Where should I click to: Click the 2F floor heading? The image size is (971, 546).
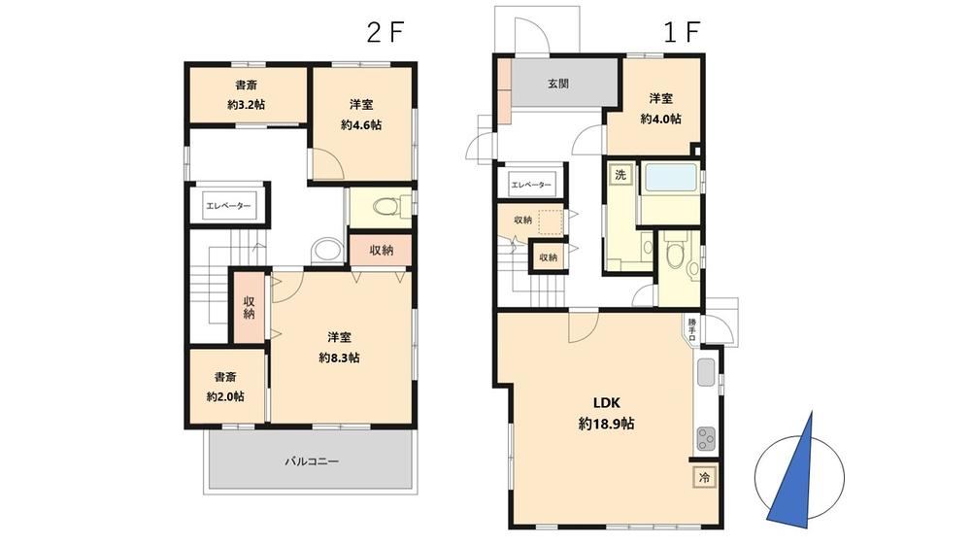pos(385,32)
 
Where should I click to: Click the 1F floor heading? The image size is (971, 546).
pos(682,32)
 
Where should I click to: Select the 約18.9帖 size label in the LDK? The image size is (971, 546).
pos(606,424)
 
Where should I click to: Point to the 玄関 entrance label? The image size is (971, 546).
pos(558,84)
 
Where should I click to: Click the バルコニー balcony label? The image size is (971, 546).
pos(312,461)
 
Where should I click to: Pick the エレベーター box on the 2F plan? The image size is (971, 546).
pos(228,206)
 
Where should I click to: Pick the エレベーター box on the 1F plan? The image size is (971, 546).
pos(531,185)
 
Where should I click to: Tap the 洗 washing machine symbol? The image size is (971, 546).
pos(620,175)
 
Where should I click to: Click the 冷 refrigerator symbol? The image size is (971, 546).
pos(704,477)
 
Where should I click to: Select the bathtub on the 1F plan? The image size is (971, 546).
pos(671,177)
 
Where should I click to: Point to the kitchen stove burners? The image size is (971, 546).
pos(706,439)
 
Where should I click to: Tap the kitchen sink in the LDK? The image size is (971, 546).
pos(706,372)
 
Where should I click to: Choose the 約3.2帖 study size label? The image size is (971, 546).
pos(246,105)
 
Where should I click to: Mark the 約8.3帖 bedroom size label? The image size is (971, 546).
pos(339,358)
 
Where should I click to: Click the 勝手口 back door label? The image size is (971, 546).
pos(691,330)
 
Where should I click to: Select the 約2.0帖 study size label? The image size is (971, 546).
pos(225,396)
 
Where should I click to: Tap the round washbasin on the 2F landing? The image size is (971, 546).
pos(327,251)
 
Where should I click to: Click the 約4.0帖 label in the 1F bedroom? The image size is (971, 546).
pos(660,119)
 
